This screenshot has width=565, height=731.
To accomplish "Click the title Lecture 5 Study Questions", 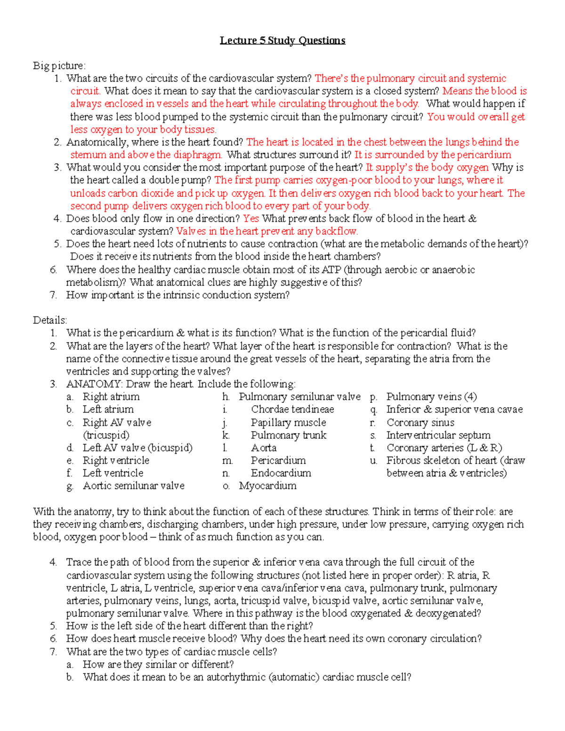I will pyautogui.click(x=282, y=40).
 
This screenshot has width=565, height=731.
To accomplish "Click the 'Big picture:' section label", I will pyautogui.click(x=59, y=66).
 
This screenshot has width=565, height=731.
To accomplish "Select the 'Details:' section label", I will pyautogui.click(x=50, y=321).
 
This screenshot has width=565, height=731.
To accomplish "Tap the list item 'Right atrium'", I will pyautogui.click(x=111, y=397).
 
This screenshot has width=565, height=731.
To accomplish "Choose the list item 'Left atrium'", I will pyautogui.click(x=108, y=410).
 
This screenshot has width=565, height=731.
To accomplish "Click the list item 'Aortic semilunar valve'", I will pyautogui.click(x=134, y=486).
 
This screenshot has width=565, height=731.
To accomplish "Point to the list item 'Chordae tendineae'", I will pyautogui.click(x=292, y=410).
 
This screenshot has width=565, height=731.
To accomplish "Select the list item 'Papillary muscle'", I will pyautogui.click(x=288, y=423).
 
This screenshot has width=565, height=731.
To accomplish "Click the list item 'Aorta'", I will pyautogui.click(x=264, y=448).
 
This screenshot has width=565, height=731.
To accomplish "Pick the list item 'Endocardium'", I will pyautogui.click(x=281, y=473).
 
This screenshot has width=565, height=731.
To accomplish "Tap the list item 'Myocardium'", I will pyautogui.click(x=267, y=486).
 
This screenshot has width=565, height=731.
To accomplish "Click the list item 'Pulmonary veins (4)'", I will pyautogui.click(x=431, y=397).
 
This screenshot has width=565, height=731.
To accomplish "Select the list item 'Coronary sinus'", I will pyautogui.click(x=420, y=423).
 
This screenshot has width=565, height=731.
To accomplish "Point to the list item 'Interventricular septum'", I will pyautogui.click(x=438, y=435).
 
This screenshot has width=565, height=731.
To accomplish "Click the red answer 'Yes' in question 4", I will pyautogui.click(x=251, y=218).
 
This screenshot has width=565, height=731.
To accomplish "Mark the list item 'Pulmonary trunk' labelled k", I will pyautogui.click(x=288, y=435).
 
